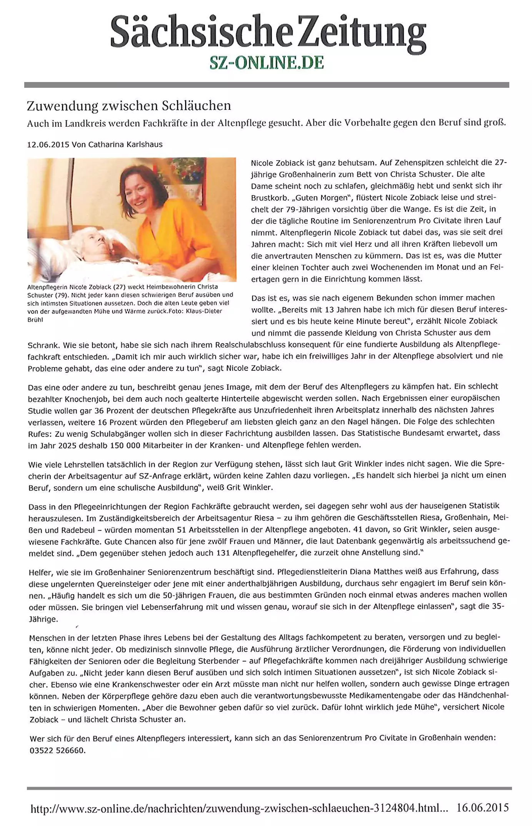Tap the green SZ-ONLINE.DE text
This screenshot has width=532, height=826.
267,62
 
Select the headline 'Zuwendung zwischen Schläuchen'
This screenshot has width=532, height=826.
129,106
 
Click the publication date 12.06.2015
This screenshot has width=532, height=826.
48,144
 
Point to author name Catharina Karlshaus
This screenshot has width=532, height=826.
125,144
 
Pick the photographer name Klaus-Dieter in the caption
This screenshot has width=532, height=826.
204,311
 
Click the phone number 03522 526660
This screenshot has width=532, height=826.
57,750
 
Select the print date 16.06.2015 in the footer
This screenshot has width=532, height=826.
482,807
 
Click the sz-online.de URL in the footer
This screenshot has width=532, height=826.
238,808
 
